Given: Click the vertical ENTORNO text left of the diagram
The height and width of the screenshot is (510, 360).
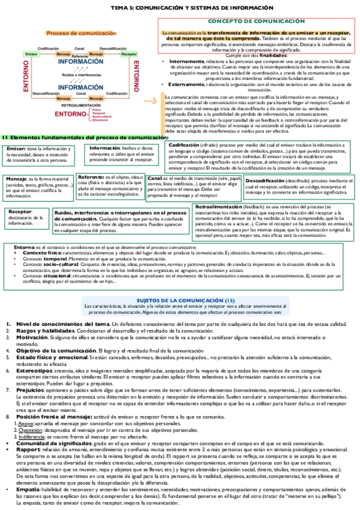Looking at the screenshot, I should click(x=26, y=79).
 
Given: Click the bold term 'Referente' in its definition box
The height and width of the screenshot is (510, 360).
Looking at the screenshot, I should click(x=90, y=178).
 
